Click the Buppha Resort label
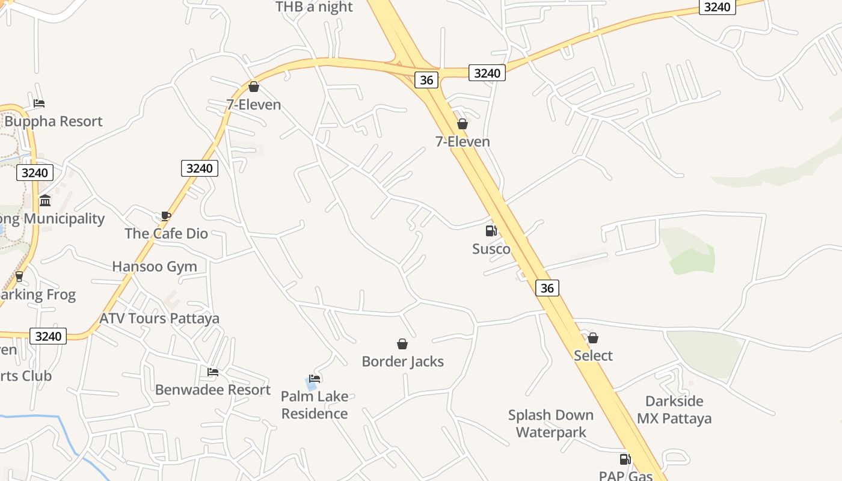[x=54, y=121]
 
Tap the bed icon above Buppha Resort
[x=39, y=103]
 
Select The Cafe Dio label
[x=166, y=233]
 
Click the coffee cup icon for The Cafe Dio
[x=166, y=216]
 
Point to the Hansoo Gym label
[x=155, y=266]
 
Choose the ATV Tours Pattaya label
[x=159, y=318]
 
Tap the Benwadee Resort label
[x=213, y=390]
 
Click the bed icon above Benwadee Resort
[x=213, y=372]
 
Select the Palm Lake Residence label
[x=315, y=405]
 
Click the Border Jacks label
[x=402, y=361]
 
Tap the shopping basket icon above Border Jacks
[x=402, y=344]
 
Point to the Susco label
[x=491, y=249]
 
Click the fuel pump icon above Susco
[x=491, y=231]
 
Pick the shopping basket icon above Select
[x=593, y=338]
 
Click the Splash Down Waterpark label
[x=551, y=423]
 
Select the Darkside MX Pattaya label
[x=674, y=409]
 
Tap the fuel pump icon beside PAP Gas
[x=625, y=460]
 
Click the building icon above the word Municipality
[x=45, y=200]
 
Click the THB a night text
[x=314, y=7]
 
